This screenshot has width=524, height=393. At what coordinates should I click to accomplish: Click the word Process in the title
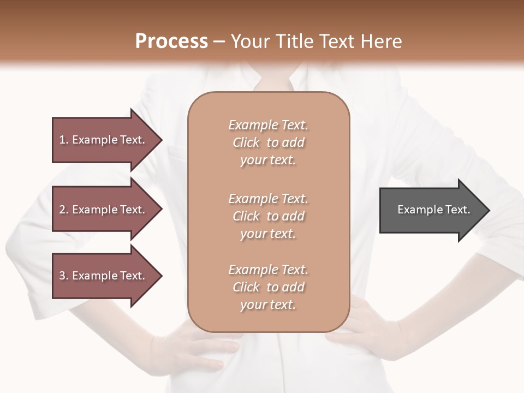pyautogui.click(x=171, y=41)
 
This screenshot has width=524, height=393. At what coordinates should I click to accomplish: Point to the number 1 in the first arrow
pyautogui.click(x=62, y=140)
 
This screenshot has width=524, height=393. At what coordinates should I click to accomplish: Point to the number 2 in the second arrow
pyautogui.click(x=62, y=210)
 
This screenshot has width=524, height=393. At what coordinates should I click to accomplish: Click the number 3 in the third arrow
pyautogui.click(x=62, y=276)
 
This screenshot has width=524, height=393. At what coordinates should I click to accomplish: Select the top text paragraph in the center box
pyautogui.click(x=268, y=142)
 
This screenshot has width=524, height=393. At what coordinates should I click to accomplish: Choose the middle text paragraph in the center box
pyautogui.click(x=268, y=216)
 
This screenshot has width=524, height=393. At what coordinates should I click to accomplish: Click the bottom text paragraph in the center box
pyautogui.click(x=268, y=287)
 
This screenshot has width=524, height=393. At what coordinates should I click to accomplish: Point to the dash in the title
pyautogui.click(x=219, y=42)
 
